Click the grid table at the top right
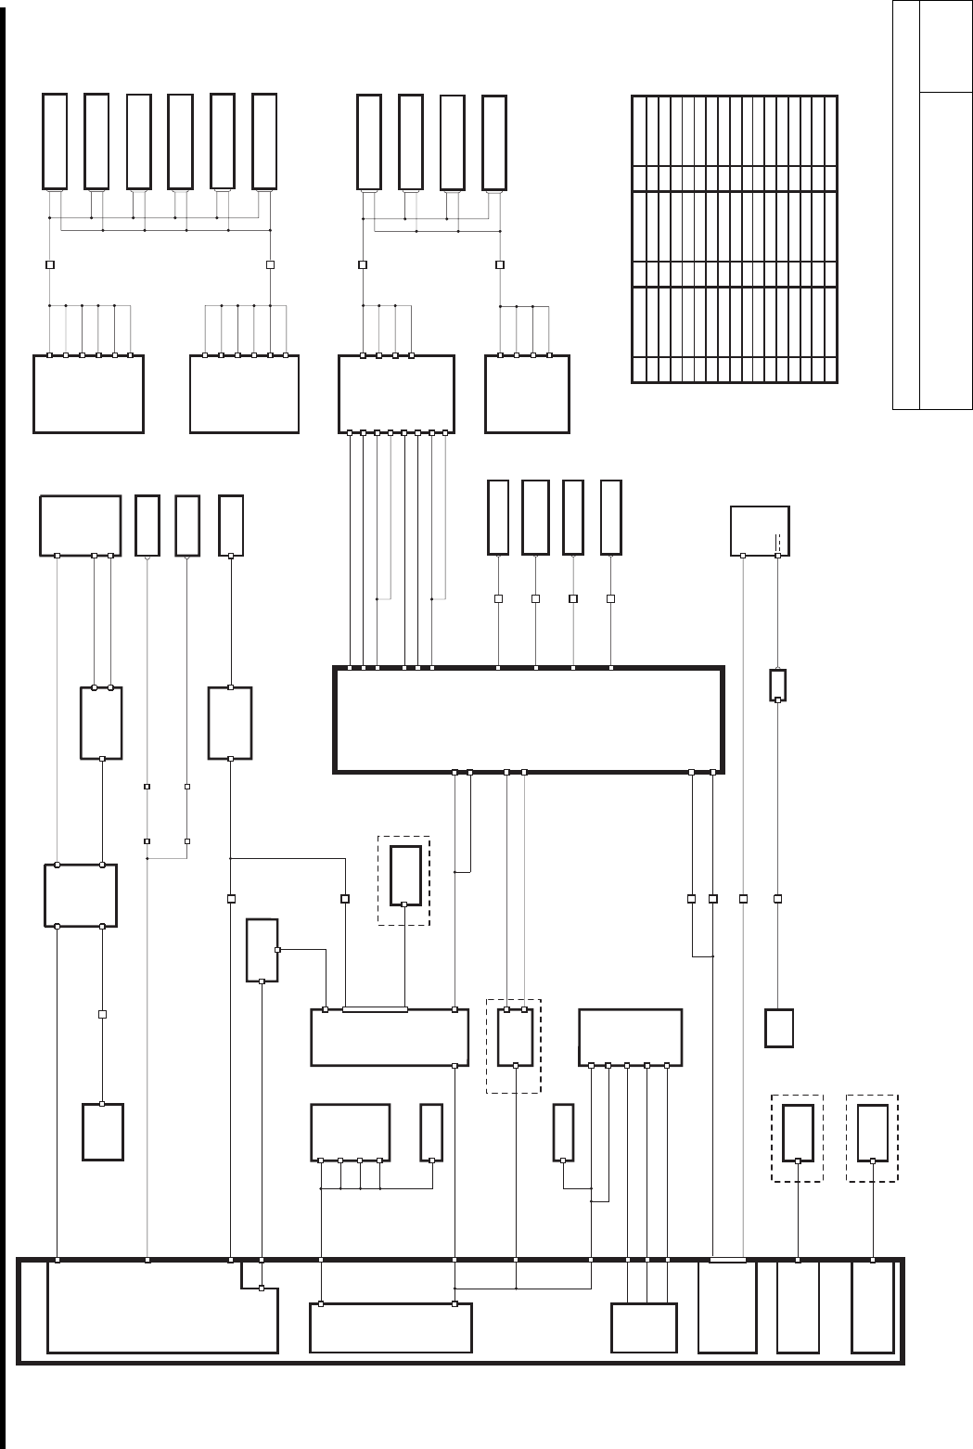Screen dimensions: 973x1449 tap(734, 238)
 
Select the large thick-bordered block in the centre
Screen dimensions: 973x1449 tap(528, 719)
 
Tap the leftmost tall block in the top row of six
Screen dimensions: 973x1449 tap(55, 141)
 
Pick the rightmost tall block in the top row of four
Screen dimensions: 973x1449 tap(494, 142)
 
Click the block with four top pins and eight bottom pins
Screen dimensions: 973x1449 tap(396, 393)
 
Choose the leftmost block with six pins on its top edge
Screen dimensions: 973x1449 tap(88, 393)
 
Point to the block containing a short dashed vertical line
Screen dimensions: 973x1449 tap(760, 531)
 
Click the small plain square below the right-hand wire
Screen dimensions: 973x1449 tap(779, 1028)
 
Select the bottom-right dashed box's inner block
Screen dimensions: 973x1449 tap(872, 1132)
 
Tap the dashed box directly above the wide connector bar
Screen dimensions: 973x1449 tap(403, 879)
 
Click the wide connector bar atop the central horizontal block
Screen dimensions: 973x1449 tap(375, 1009)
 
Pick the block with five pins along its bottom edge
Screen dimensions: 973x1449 tap(630, 1037)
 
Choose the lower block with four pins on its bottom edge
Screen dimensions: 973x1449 tap(350, 1132)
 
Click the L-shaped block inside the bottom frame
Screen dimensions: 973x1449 tap(162, 1317)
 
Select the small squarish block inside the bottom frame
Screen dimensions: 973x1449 tap(644, 1328)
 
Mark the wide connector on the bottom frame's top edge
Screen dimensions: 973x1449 tap(727, 1260)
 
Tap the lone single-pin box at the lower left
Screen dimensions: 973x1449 tap(103, 1132)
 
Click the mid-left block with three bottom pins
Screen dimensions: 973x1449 tap(80, 525)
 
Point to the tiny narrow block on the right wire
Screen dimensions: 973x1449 tap(778, 685)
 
